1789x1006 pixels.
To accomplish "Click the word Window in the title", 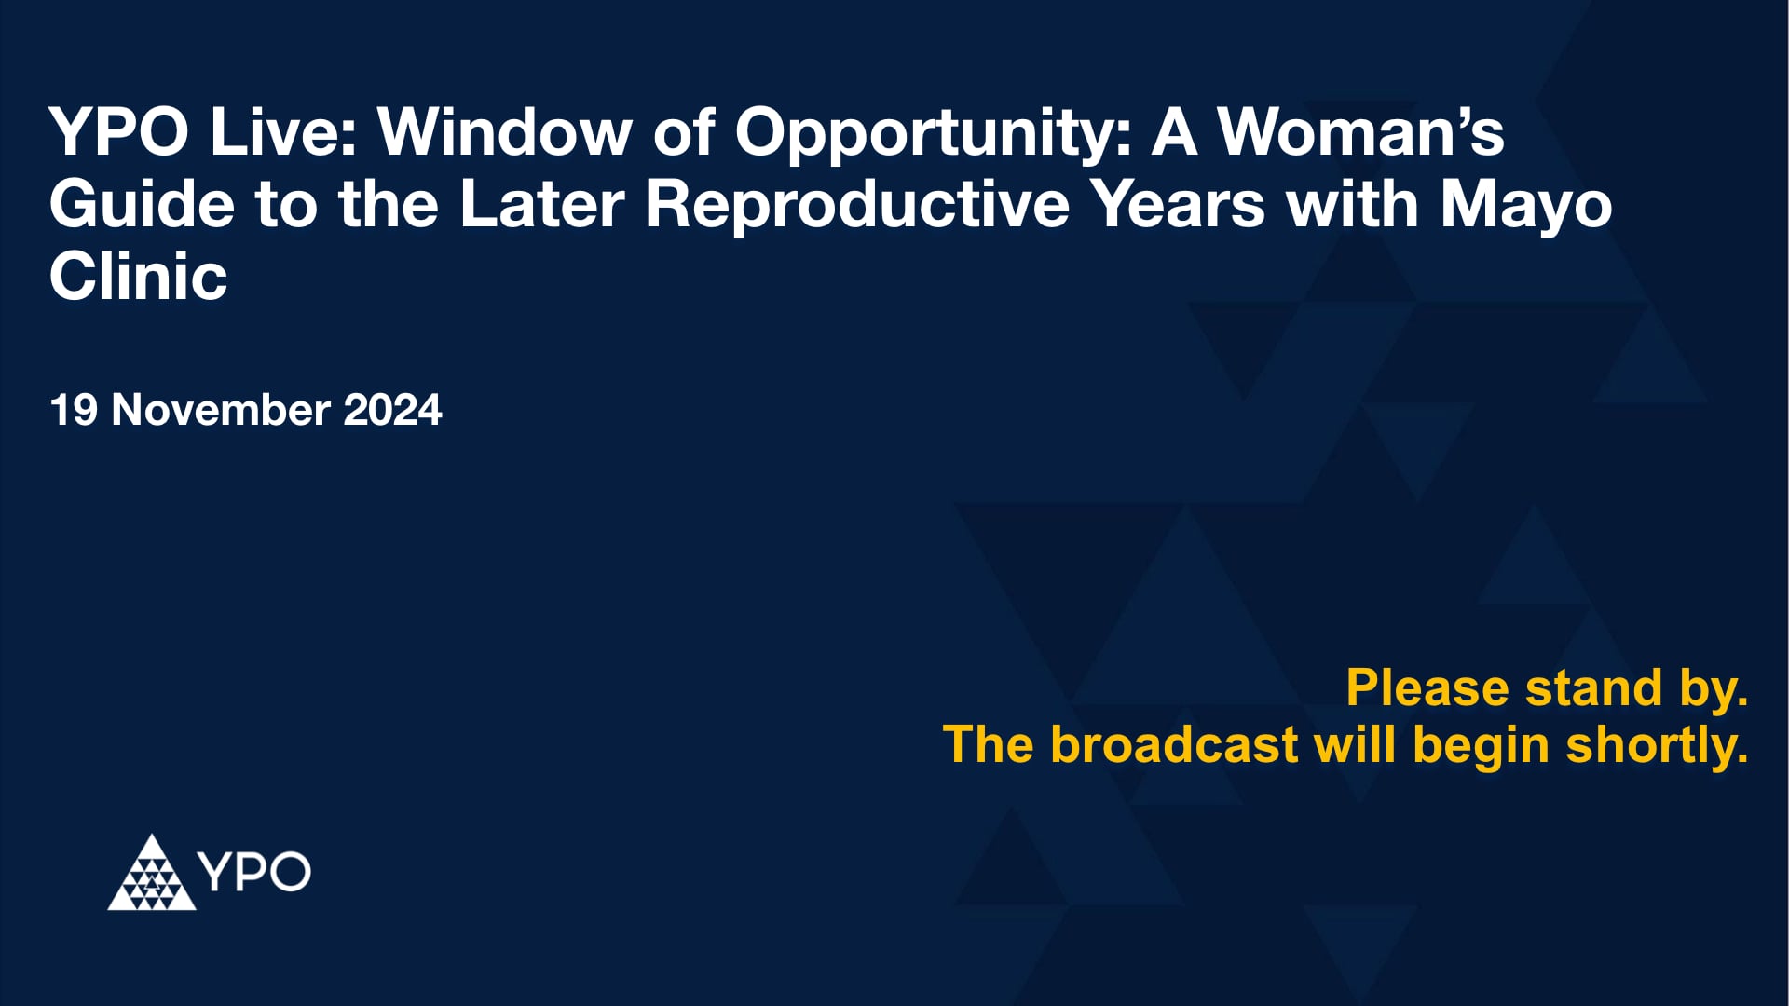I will tap(504, 132).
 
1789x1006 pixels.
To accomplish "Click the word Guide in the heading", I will tap(142, 204).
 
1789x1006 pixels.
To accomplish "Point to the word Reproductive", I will tap(857, 206).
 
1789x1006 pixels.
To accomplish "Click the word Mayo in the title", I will tap(1525, 206).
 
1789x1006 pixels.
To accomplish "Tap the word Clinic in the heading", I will tap(138, 277).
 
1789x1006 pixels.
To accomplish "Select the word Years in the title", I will tap(1178, 204).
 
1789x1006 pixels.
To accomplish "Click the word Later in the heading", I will tap(541, 204).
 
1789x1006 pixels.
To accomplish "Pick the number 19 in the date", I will tap(73, 411).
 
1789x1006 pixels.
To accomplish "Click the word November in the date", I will tap(221, 411).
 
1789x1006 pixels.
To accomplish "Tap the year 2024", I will tap(392, 411).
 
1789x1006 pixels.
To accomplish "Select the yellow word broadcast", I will tap(1174, 745).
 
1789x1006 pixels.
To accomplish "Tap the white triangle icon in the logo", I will tap(151, 876).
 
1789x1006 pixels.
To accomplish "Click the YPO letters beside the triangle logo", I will tap(254, 872).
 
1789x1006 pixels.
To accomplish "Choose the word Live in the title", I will tap(282, 132).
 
